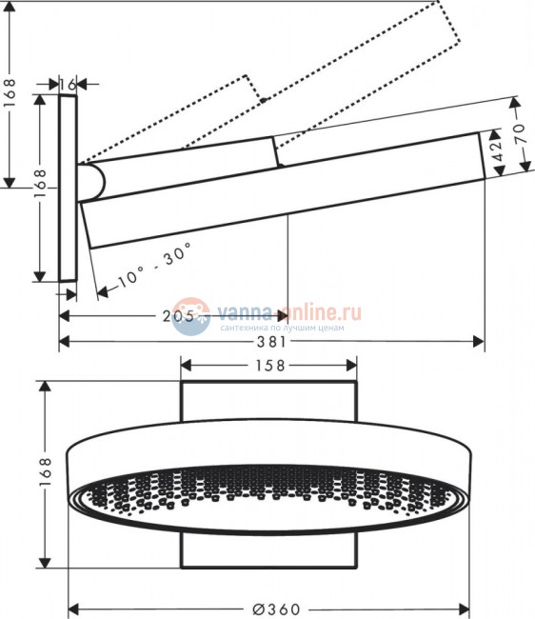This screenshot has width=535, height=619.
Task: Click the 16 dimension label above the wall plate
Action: click(x=67, y=85)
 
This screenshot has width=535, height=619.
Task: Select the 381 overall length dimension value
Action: click(x=271, y=341)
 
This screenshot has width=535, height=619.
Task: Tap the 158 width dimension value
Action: click(x=269, y=365)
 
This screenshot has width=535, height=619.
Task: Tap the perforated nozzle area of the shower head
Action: click(x=269, y=495)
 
